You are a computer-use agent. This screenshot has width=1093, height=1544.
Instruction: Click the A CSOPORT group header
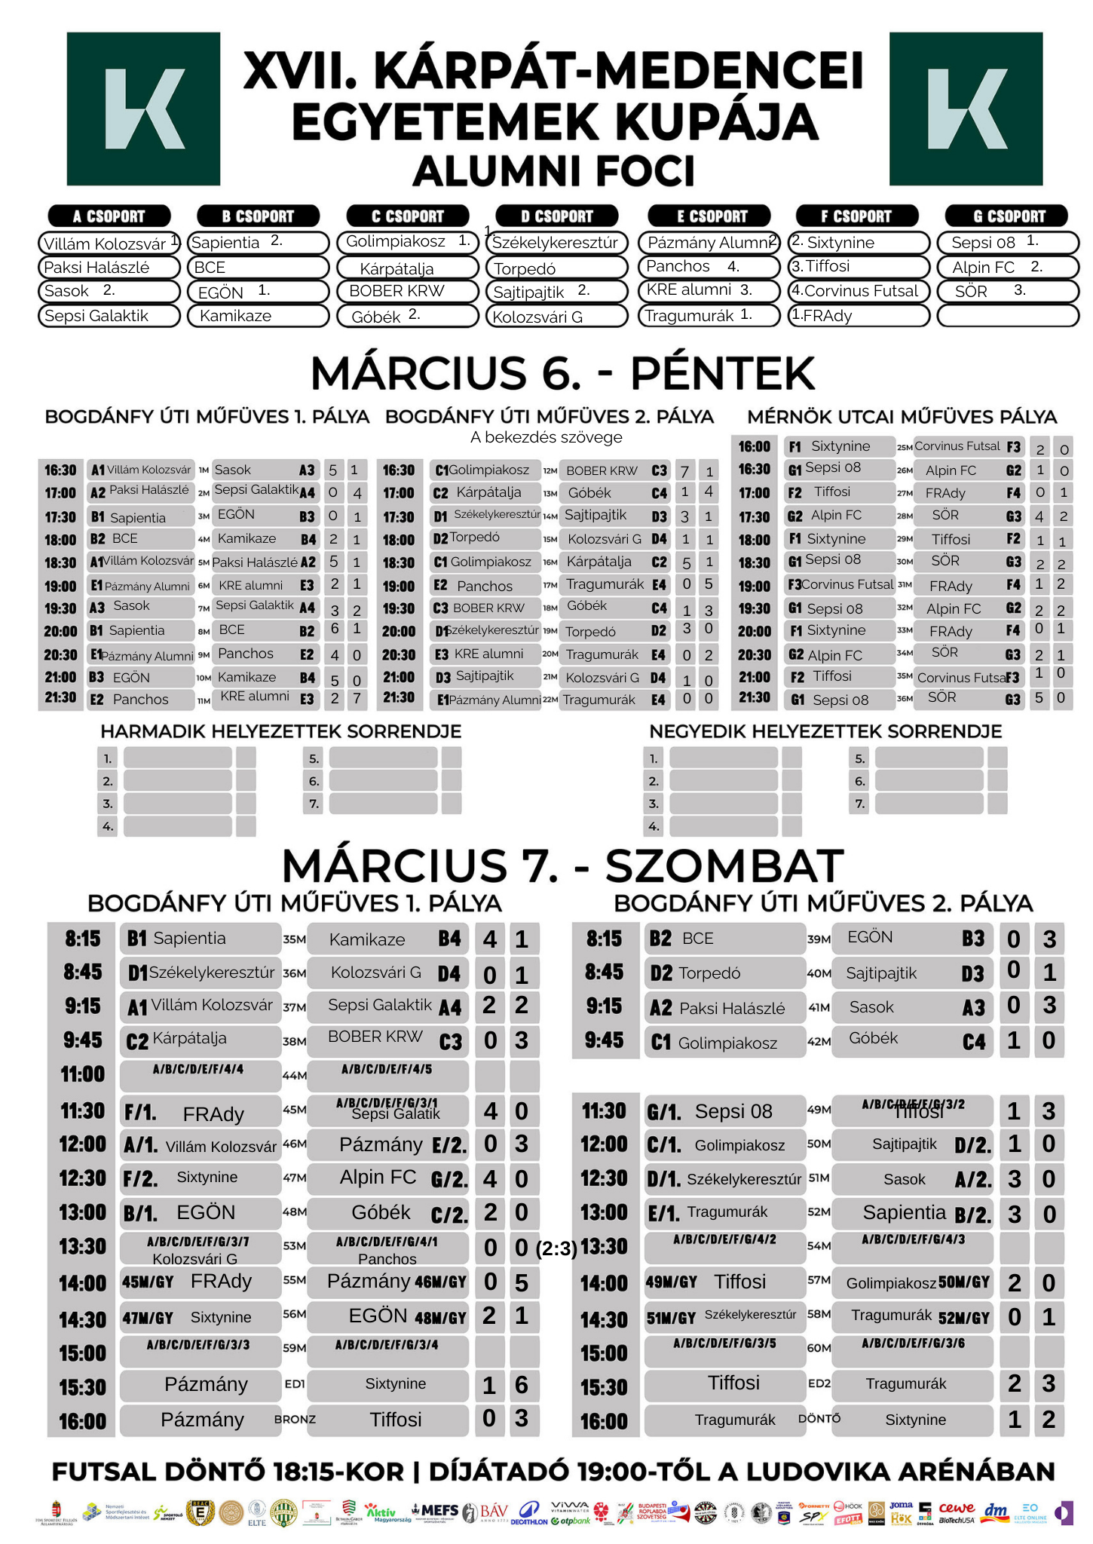click(109, 216)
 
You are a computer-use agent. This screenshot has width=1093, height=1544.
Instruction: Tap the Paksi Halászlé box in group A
click(109, 268)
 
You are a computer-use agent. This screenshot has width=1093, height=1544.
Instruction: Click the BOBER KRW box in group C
click(407, 291)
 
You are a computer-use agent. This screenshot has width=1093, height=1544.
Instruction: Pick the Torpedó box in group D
click(556, 268)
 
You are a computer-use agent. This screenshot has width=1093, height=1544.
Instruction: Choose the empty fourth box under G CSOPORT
click(1008, 316)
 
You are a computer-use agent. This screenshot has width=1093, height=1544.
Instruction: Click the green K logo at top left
click(143, 109)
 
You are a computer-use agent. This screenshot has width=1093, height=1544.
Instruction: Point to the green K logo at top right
click(966, 109)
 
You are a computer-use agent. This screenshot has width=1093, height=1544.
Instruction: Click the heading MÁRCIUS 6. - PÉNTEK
click(562, 373)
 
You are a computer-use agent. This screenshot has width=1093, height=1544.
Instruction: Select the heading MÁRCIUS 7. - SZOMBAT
click(562, 865)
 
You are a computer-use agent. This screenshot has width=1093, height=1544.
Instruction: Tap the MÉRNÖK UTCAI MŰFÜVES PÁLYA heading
click(902, 417)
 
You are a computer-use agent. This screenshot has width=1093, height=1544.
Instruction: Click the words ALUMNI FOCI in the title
click(553, 171)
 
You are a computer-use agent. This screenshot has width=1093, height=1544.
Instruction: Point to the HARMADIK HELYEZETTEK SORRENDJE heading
click(280, 731)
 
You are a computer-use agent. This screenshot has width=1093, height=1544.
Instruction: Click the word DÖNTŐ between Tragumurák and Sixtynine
click(819, 1419)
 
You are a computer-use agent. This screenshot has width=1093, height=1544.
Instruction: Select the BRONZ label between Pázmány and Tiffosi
click(295, 1420)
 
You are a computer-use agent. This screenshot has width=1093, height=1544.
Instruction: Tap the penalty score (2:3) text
click(556, 1249)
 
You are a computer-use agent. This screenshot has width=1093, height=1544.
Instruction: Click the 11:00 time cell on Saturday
click(82, 1074)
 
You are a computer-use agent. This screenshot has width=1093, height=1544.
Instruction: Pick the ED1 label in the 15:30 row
click(295, 1384)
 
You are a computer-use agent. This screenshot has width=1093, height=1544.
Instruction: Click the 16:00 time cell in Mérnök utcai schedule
click(754, 446)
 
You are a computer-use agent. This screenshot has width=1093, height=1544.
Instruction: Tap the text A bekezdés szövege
click(546, 437)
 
